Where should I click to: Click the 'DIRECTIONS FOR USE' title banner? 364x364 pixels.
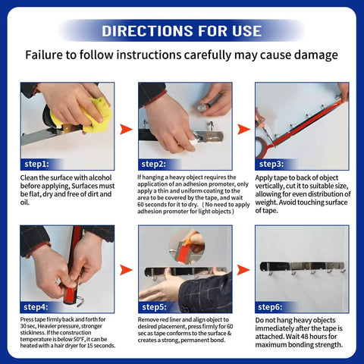182,30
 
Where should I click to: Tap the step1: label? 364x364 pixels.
36,164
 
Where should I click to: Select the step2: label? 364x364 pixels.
155,164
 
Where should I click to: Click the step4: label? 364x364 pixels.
36,306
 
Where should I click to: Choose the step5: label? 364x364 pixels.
155,306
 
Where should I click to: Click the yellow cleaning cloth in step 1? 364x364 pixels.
99,114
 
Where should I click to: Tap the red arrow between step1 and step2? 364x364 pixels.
126,129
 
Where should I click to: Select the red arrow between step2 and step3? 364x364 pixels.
244,129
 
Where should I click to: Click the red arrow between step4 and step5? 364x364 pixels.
126,270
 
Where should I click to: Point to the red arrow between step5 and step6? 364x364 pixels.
244,270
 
